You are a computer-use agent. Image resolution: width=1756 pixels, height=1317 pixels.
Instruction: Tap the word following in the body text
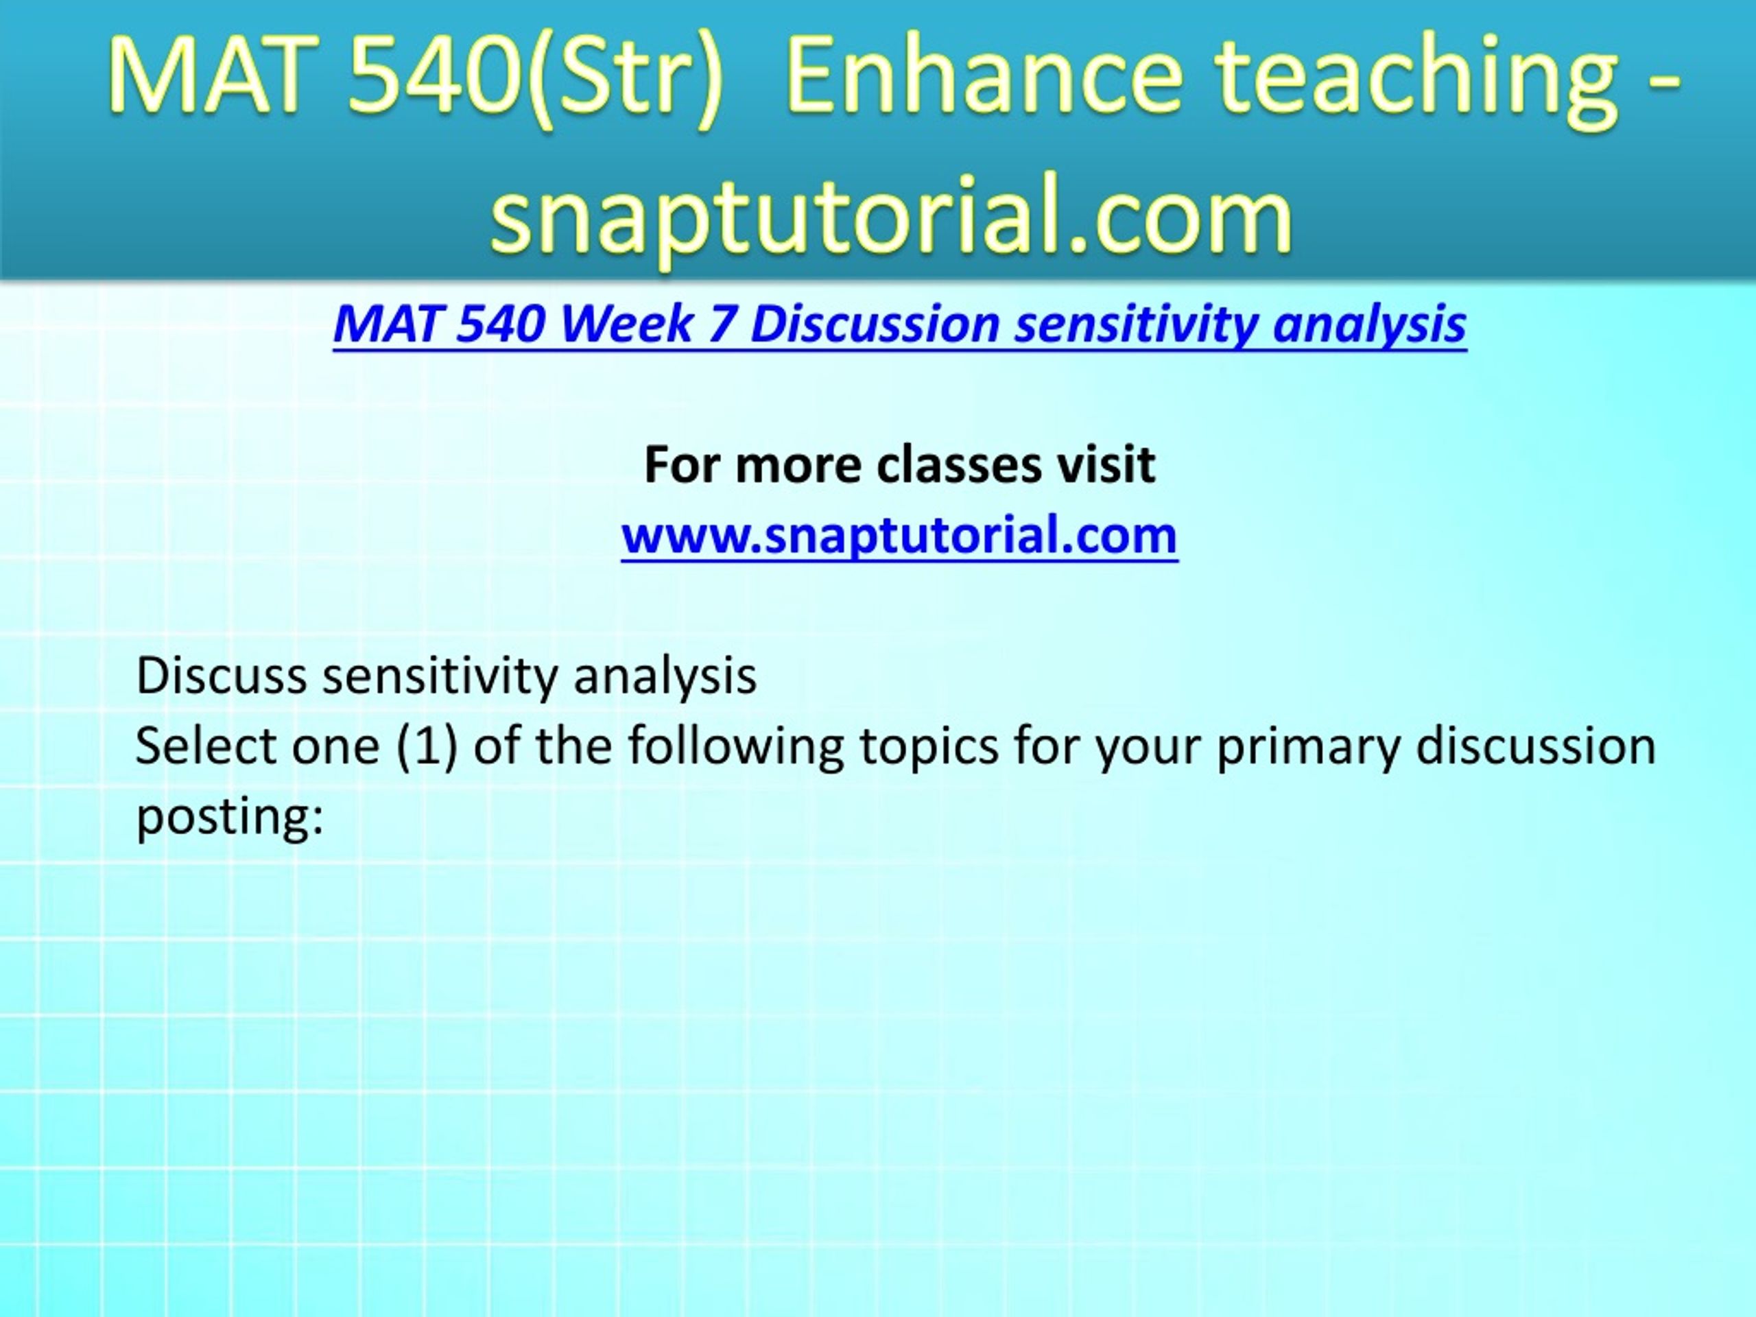coord(736,748)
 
